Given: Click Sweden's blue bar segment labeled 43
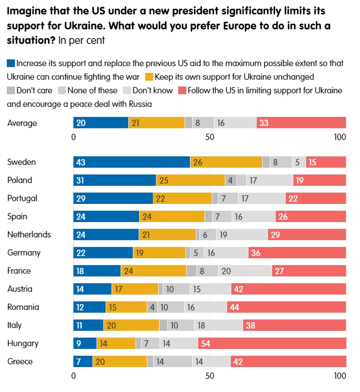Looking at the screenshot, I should point(131,162).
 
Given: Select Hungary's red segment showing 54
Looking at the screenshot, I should point(272,344).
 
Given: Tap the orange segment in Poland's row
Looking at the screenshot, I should point(190,180).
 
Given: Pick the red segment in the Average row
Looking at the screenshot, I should point(301,123).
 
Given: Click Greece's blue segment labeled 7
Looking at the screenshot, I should point(83,362).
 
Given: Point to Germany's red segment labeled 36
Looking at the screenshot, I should point(297,253).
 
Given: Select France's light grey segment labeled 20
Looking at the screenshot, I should point(245,271).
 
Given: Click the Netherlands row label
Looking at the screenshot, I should point(29,235).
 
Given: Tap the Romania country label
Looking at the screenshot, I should point(23,307).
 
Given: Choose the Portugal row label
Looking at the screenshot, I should point(22,198).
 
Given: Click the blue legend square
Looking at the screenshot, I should point(11,63).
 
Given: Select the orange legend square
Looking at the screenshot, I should point(149,77).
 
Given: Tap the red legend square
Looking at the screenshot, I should point(182,90).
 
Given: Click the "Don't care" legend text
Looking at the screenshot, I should point(34,90).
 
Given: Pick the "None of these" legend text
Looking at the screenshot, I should point(92,90).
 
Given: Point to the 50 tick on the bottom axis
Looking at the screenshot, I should point(209,376).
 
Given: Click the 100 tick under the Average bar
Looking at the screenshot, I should point(339,137).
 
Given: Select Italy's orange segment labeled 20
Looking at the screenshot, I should point(131,325).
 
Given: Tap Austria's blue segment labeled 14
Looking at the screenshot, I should point(92,289).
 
